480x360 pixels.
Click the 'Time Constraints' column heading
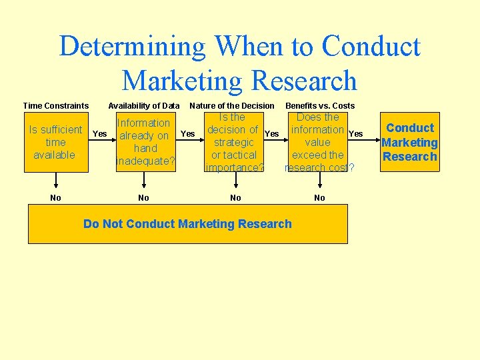pyautogui.click(x=56, y=105)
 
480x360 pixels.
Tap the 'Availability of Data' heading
pyautogui.click(x=144, y=105)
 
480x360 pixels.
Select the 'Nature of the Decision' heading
pyautogui.click(x=232, y=105)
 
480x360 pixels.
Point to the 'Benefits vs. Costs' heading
pyautogui.click(x=320, y=105)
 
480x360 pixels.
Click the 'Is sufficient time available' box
pyautogui.click(x=56, y=142)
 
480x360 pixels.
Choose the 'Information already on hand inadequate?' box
pyautogui.click(x=145, y=142)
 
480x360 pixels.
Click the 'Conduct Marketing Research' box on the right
pyautogui.click(x=410, y=142)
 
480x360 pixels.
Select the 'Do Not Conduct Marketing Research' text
pyautogui.click(x=187, y=224)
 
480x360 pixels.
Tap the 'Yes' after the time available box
pyautogui.click(x=99, y=134)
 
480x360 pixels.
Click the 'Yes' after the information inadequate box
pyautogui.click(x=188, y=134)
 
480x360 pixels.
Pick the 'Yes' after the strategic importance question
pyautogui.click(x=271, y=134)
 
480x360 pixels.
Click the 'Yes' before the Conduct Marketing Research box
pyautogui.click(x=356, y=134)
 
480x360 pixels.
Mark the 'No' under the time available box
pyautogui.click(x=56, y=197)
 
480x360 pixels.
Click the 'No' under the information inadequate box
pyautogui.click(x=143, y=197)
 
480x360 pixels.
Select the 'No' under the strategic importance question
pyautogui.click(x=235, y=197)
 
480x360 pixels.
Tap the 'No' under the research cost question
pyautogui.click(x=320, y=197)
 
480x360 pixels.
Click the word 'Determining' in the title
pyautogui.click(x=133, y=47)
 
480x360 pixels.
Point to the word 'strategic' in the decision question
pyautogui.click(x=234, y=142)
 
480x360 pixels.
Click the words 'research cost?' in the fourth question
pyautogui.click(x=319, y=167)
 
